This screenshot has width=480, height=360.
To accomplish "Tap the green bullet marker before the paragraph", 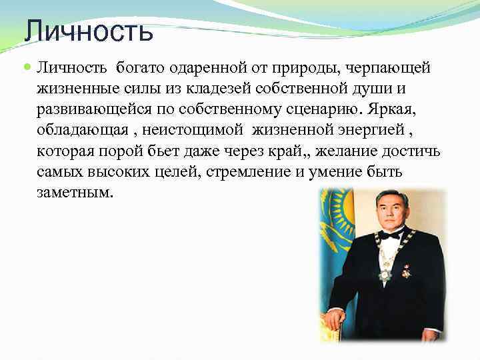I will point(26,67).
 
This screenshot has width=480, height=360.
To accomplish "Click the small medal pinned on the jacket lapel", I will point(407,271).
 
